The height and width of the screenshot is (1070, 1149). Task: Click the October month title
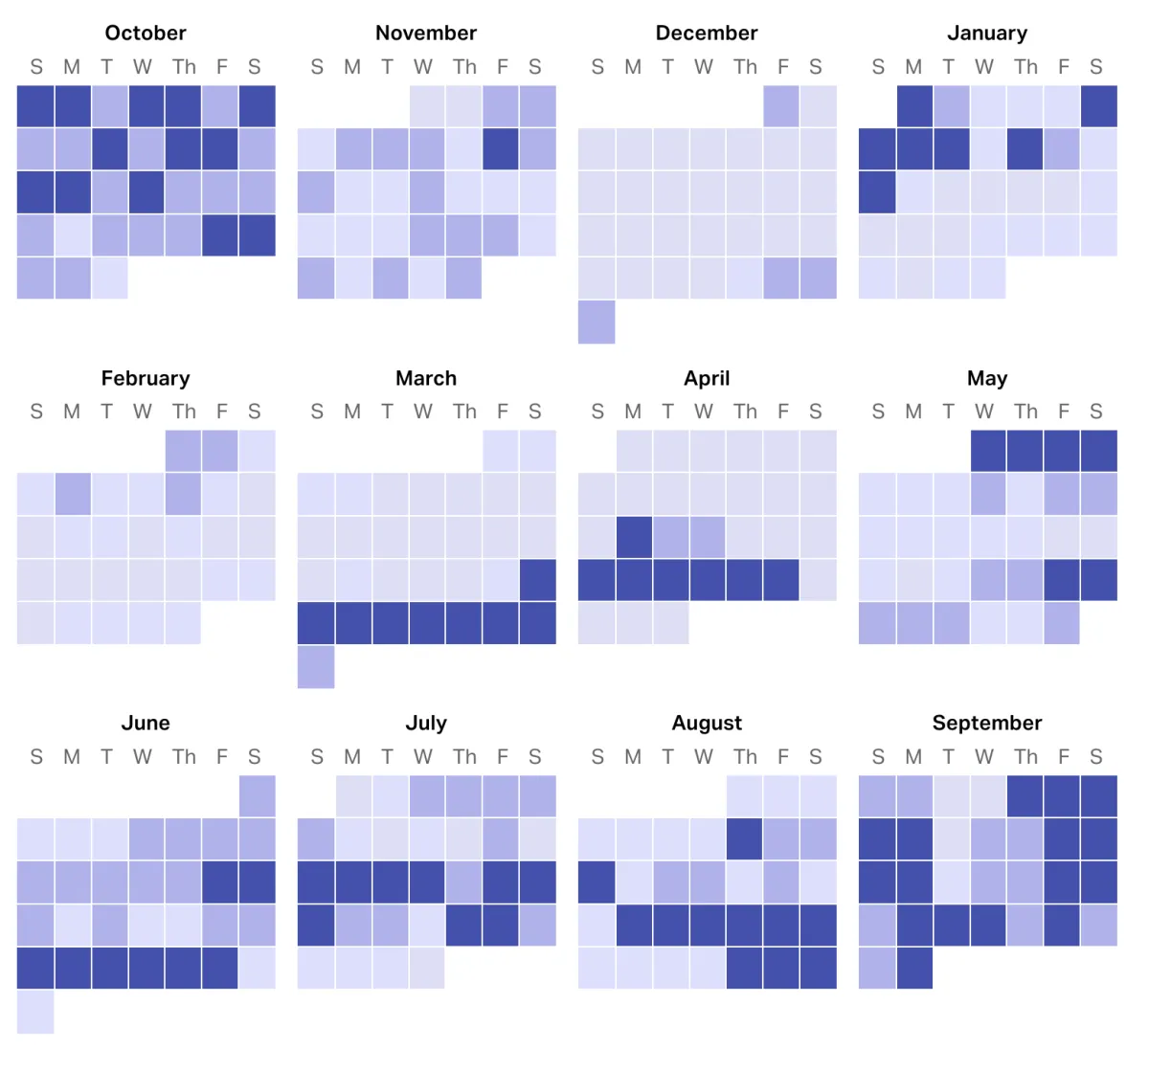click(x=146, y=33)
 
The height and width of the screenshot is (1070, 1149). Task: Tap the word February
click(x=146, y=378)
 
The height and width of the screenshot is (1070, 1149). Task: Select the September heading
click(x=987, y=723)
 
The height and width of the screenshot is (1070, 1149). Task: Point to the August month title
click(x=707, y=723)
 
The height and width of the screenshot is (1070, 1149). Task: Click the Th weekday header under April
click(x=745, y=412)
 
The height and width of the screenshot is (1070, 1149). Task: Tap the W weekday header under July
click(x=423, y=757)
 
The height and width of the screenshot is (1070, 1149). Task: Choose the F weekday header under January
click(x=1063, y=67)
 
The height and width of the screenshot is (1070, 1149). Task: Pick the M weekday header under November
click(x=352, y=67)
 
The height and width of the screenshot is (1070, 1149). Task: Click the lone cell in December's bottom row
click(x=597, y=322)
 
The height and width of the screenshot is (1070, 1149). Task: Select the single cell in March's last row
click(x=316, y=666)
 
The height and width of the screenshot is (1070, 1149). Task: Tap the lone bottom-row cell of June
click(x=35, y=1012)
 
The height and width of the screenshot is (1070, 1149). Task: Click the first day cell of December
click(x=781, y=106)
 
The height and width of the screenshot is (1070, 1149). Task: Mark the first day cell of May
click(x=988, y=451)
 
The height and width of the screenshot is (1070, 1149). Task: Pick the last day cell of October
click(x=109, y=279)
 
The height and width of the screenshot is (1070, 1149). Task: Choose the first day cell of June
click(x=257, y=796)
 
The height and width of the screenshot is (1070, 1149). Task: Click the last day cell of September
click(x=914, y=968)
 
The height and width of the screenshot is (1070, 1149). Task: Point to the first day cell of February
click(x=183, y=451)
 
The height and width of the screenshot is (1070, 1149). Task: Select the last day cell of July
click(x=427, y=968)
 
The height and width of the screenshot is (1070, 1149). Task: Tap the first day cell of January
click(x=914, y=106)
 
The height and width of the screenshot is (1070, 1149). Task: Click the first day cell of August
click(x=745, y=796)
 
